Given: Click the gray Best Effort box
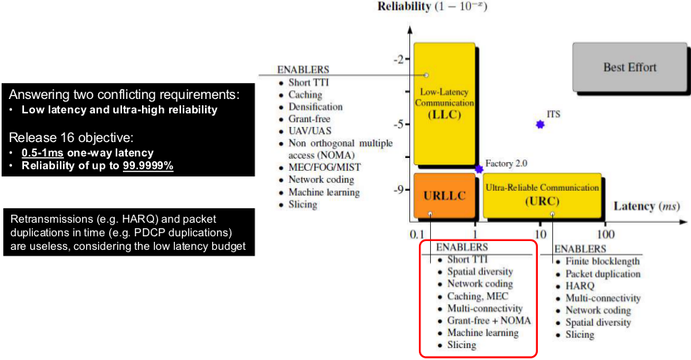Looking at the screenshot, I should pyautogui.click(x=630, y=67).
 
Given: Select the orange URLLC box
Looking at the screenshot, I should pyautogui.click(x=443, y=195).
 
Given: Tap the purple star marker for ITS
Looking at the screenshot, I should pyautogui.click(x=540, y=125).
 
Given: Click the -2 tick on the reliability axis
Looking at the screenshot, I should pyautogui.click(x=398, y=60).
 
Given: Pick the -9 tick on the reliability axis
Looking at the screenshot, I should pyautogui.click(x=398, y=189).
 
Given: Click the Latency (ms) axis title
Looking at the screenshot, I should pyautogui.click(x=646, y=206).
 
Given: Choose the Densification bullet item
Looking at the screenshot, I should pyautogui.click(x=315, y=107).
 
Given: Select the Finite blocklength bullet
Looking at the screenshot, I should pyautogui.click(x=602, y=262).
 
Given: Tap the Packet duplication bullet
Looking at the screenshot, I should pyautogui.click(x=602, y=274).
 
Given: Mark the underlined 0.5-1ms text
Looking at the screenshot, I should pyautogui.click(x=43, y=152).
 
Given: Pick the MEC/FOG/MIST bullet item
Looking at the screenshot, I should pyautogui.click(x=319, y=168).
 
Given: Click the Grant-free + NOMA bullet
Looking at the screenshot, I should pyautogui.click(x=488, y=320).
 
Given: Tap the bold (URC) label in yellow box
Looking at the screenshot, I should pyautogui.click(x=542, y=201).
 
